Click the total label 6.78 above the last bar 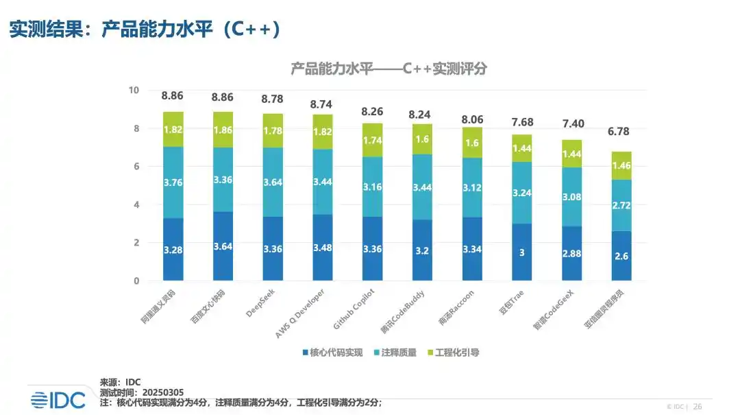[x=621, y=132]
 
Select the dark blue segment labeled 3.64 [x=223, y=246]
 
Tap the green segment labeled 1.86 [x=223, y=130]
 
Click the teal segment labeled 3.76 [x=173, y=182]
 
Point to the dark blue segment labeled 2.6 [x=621, y=256]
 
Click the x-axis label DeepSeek [x=261, y=305]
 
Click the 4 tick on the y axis [x=136, y=204]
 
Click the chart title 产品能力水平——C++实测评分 [x=388, y=69]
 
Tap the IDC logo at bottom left [x=58, y=400]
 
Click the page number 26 [x=698, y=405]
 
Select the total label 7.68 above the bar [x=522, y=122]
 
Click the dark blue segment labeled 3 [x=522, y=252]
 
